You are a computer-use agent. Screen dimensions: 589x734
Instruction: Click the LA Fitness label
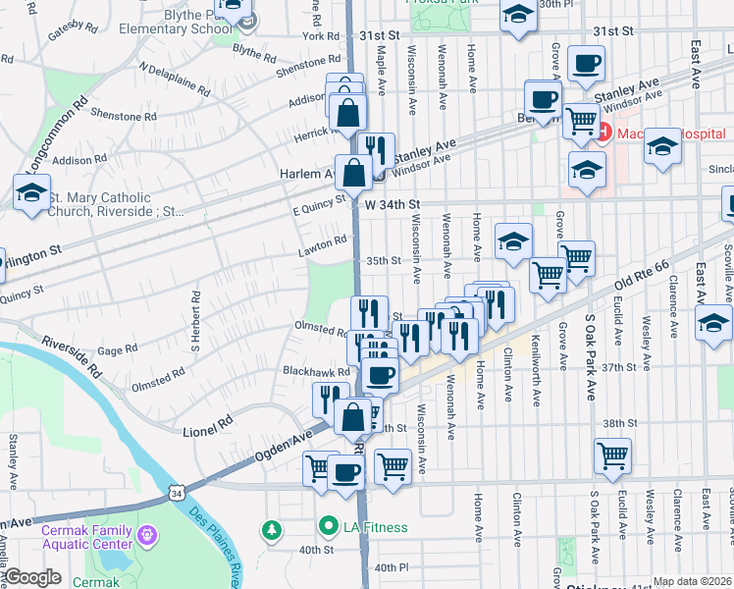point(374,527)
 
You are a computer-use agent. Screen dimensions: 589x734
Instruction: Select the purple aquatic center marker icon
point(147,536)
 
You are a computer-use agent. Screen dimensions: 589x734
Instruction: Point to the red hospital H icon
point(605,130)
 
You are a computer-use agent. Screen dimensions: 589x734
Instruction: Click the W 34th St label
point(392,204)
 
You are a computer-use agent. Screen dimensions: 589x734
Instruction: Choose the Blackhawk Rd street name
point(316,372)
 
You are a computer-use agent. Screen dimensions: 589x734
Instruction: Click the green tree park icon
point(272,530)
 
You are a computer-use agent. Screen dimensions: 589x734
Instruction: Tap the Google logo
point(32,577)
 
